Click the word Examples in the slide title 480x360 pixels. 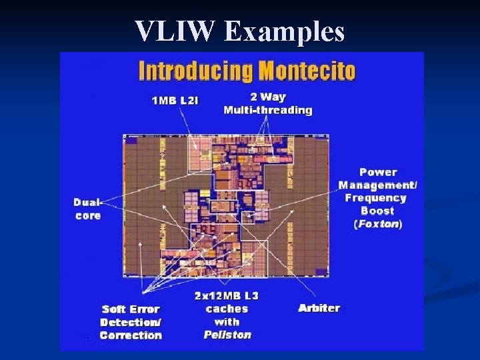coord(285,31)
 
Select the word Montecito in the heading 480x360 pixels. coord(308,71)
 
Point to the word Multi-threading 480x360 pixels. coord(268,110)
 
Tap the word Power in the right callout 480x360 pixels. coord(378,172)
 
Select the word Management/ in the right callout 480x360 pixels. coord(378,185)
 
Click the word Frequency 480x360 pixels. coord(375,197)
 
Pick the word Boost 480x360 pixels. coord(378,211)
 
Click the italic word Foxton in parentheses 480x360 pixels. coord(378,224)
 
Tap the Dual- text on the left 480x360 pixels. coord(87,203)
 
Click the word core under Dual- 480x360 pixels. coord(88,215)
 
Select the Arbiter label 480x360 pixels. coord(319,308)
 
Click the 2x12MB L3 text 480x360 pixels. coord(227,295)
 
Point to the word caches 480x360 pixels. coord(227,309)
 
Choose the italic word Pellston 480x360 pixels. coord(227,335)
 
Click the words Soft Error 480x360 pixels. coord(130,309)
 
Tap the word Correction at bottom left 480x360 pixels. coord(131,335)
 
